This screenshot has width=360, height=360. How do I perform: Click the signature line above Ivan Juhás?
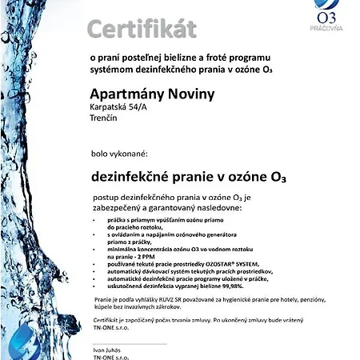[128, 343]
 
